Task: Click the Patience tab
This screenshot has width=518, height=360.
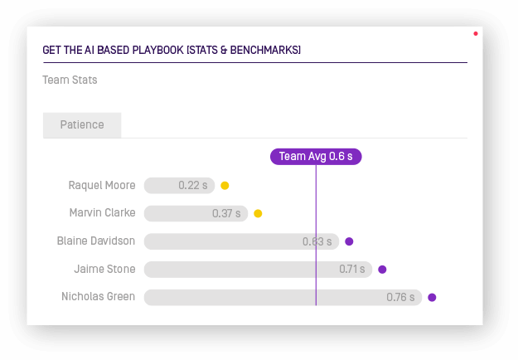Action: (82, 125)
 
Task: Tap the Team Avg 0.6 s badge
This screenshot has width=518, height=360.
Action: (316, 156)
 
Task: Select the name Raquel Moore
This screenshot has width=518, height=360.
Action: (102, 186)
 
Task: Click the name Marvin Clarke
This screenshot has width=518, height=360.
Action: (102, 213)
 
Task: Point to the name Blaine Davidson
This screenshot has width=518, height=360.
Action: (96, 241)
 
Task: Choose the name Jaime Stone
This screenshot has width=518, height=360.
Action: (104, 269)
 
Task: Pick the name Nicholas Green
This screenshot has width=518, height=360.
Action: (98, 296)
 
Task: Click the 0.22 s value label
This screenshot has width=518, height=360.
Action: (193, 186)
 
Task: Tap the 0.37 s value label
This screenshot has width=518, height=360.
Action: (226, 213)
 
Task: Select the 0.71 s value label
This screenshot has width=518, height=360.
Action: (351, 269)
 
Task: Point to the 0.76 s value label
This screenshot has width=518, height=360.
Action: (400, 297)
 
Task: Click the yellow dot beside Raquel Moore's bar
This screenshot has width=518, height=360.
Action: (225, 186)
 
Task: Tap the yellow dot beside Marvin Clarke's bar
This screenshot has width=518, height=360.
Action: (258, 213)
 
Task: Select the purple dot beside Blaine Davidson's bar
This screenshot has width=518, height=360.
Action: (349, 241)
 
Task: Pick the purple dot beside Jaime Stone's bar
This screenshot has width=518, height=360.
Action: (382, 269)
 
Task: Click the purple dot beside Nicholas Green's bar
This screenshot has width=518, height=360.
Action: (432, 297)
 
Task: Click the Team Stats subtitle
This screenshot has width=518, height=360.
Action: (70, 80)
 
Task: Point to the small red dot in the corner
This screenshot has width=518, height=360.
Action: (475, 34)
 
